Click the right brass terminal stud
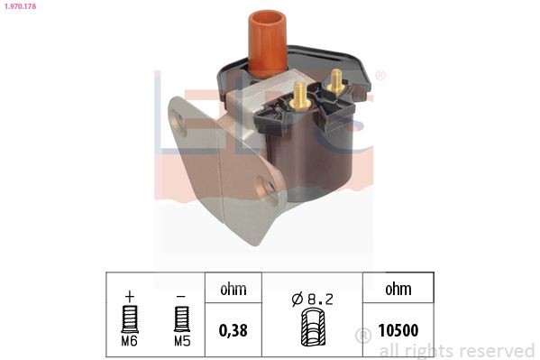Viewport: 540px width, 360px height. pyautogui.click(x=337, y=80)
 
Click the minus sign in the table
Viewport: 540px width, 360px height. pyautogui.click(x=182, y=296)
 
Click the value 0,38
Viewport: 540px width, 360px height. pyautogui.click(x=234, y=331)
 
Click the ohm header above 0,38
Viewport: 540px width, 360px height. pyautogui.click(x=234, y=291)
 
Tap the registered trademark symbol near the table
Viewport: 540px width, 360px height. pyautogui.click(x=364, y=336)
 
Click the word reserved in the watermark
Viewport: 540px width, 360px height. pyautogui.click(x=497, y=350)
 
